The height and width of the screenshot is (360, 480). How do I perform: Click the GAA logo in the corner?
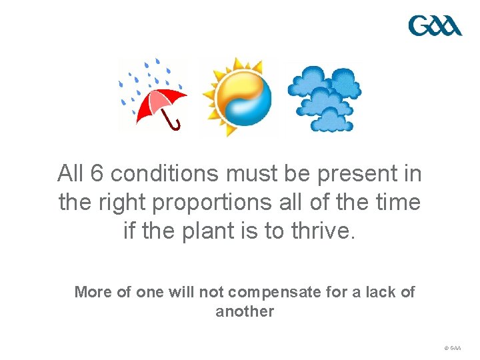tap(435, 26)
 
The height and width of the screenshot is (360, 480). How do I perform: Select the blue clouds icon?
tap(325, 97)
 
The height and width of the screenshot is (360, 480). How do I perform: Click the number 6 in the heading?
tap(97, 173)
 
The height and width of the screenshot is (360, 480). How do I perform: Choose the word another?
tap(245, 311)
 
